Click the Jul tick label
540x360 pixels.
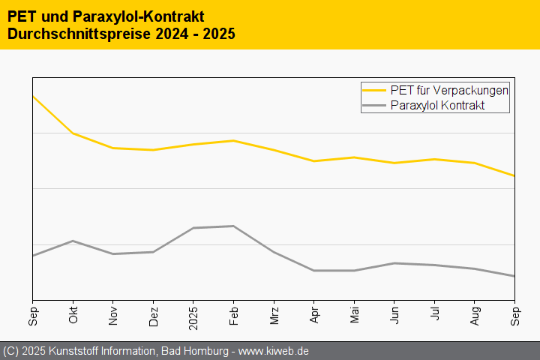click(x=436, y=314)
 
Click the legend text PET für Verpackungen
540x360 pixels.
click(x=450, y=90)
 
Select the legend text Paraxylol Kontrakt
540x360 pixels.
click(x=438, y=106)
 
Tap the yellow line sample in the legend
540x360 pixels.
click(x=375, y=90)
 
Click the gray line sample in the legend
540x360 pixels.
click(x=375, y=106)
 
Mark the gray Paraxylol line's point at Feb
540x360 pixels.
click(x=234, y=226)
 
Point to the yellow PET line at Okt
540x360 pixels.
click(x=73, y=133)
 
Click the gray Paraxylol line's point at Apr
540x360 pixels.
click(x=315, y=270)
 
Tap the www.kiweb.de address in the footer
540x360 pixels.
click(x=274, y=351)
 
